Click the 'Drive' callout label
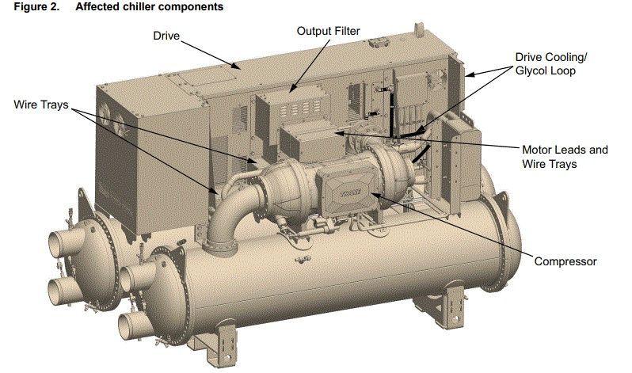click(x=167, y=35)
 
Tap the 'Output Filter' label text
click(x=328, y=31)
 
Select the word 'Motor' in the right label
click(x=538, y=150)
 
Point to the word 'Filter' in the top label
click(x=346, y=31)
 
